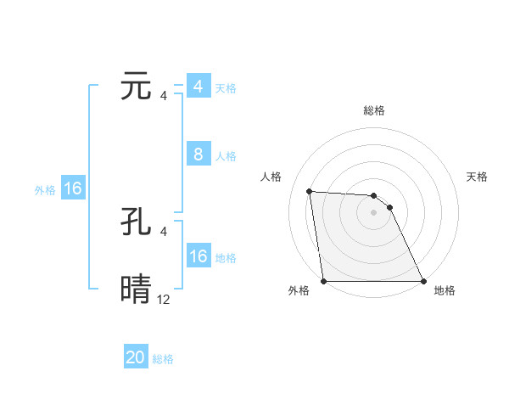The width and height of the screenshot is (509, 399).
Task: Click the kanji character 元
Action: click(x=137, y=87)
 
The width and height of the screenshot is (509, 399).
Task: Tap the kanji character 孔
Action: click(x=137, y=222)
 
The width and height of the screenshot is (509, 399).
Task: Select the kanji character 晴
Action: click(x=137, y=289)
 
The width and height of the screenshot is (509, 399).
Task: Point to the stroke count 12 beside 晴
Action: click(x=164, y=299)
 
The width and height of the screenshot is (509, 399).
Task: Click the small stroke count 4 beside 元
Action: click(x=164, y=96)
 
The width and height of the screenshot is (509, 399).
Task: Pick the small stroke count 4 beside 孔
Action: click(x=164, y=231)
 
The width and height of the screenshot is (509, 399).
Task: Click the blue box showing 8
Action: click(x=198, y=155)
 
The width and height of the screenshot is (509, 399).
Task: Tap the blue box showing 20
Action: click(x=136, y=357)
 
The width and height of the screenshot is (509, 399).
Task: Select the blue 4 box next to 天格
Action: click(x=198, y=87)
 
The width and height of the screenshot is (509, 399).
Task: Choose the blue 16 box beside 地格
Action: click(x=198, y=256)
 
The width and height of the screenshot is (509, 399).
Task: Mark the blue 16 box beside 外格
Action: click(x=73, y=188)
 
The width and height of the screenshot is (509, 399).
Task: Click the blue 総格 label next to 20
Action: click(x=163, y=359)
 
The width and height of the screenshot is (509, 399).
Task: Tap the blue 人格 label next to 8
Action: click(x=226, y=156)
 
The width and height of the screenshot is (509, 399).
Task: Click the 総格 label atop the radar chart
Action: click(x=374, y=110)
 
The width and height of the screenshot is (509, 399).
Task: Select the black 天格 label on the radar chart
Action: click(x=477, y=177)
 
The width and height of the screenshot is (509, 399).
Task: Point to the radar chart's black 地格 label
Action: click(x=445, y=290)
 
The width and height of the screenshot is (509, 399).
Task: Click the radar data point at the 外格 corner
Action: click(x=324, y=281)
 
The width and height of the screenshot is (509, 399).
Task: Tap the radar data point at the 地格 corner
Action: click(x=423, y=281)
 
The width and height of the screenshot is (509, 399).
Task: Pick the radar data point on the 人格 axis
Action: click(x=309, y=191)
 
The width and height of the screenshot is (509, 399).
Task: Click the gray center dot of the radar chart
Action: click(x=374, y=212)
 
